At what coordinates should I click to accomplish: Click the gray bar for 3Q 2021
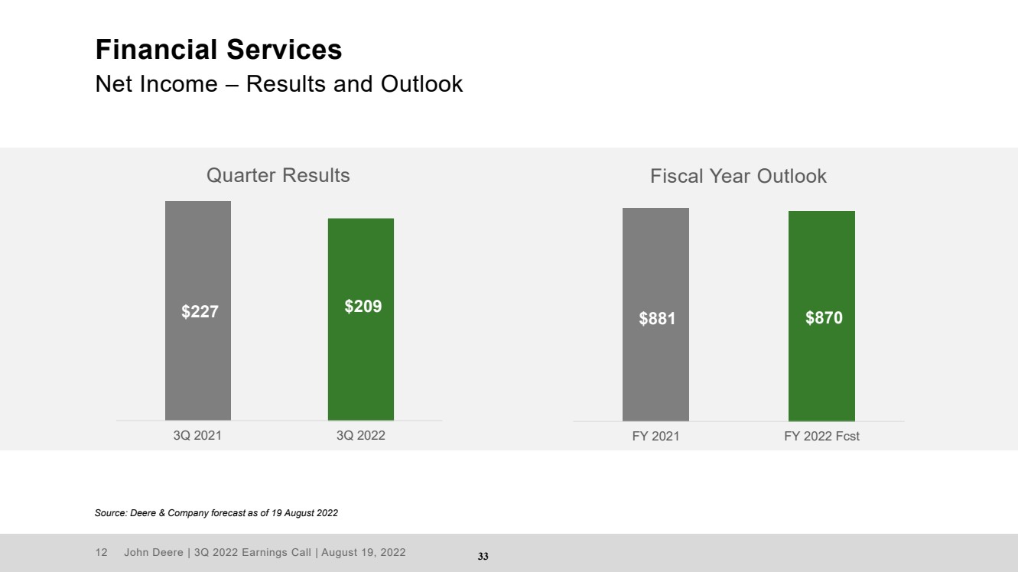pyautogui.click(x=197, y=310)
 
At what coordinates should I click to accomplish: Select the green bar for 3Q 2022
pyautogui.click(x=361, y=320)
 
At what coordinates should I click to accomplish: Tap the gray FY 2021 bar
pyautogui.click(x=655, y=314)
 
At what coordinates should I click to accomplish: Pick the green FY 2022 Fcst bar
pyautogui.click(x=821, y=317)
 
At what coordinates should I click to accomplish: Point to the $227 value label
pyautogui.click(x=200, y=312)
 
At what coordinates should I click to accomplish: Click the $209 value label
pyautogui.click(x=363, y=306)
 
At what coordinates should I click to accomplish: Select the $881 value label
pyautogui.click(x=657, y=318)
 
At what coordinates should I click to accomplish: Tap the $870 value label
pyautogui.click(x=824, y=317)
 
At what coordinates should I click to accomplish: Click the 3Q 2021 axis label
pyautogui.click(x=197, y=435)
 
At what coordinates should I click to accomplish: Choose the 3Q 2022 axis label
pyautogui.click(x=361, y=435)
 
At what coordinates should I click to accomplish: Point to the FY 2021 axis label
pyautogui.click(x=655, y=436)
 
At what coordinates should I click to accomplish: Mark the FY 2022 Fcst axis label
pyautogui.click(x=821, y=436)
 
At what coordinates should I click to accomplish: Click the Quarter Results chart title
pyautogui.click(x=278, y=175)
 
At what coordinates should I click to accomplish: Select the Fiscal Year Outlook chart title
pyautogui.click(x=738, y=177)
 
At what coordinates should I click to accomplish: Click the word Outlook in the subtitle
pyautogui.click(x=421, y=84)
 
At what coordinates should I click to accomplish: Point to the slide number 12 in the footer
pyautogui.click(x=102, y=552)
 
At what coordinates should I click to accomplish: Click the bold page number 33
pyautogui.click(x=483, y=556)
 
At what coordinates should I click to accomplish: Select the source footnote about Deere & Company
pyautogui.click(x=216, y=513)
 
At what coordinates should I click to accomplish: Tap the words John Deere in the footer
pyautogui.click(x=154, y=552)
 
